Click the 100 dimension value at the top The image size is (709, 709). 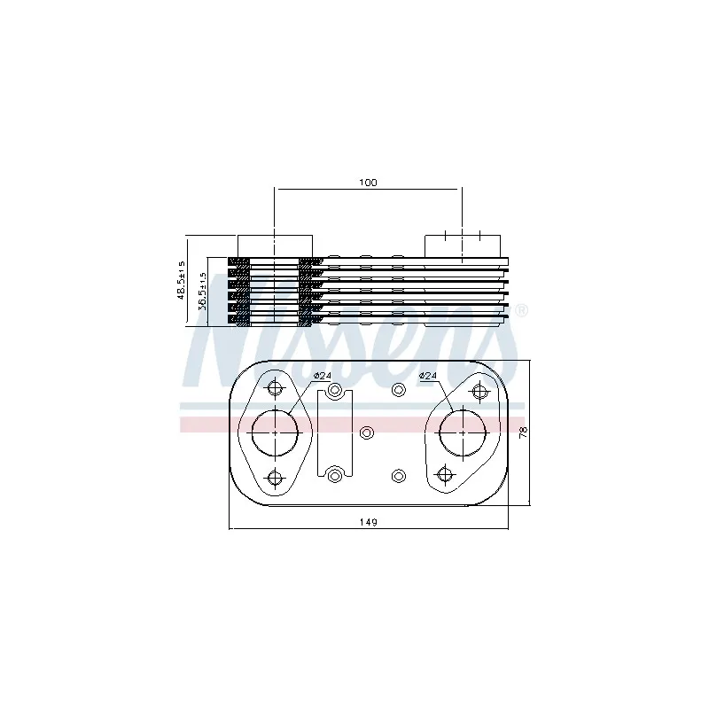point(368,182)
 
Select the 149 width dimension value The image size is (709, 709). point(369,522)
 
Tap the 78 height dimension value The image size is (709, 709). point(524,432)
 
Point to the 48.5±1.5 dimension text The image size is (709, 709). point(182,279)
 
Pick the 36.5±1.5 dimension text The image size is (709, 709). point(202,291)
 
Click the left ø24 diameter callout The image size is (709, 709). point(323,377)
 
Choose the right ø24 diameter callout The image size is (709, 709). point(429,377)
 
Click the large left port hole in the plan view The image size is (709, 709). point(275,432)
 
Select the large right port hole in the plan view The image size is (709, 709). point(464,432)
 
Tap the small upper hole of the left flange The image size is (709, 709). point(275,387)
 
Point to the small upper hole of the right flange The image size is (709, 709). point(480,391)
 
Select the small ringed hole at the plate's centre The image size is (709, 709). point(368,432)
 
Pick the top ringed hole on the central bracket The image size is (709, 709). point(334,390)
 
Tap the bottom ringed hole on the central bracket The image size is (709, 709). point(334,475)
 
